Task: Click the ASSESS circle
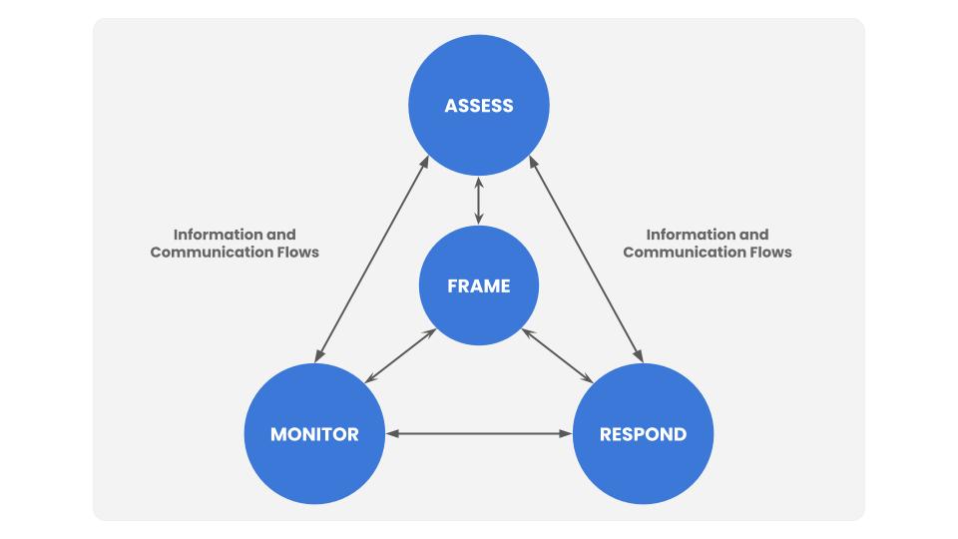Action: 479,105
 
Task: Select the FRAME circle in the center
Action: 479,286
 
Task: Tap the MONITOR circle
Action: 314,434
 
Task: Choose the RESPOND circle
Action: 643,434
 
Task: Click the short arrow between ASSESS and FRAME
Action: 479,201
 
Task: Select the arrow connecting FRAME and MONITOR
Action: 399,356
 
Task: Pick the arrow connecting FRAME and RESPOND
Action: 558,356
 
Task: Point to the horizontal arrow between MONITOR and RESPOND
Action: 479,434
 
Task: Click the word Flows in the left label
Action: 296,253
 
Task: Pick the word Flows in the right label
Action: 768,253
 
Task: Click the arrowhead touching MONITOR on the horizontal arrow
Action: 392,434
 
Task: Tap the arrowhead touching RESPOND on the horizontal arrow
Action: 566,434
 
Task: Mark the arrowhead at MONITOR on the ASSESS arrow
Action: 319,356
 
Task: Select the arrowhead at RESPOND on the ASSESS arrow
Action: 640,356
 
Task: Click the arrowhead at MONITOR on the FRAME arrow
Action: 369,379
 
